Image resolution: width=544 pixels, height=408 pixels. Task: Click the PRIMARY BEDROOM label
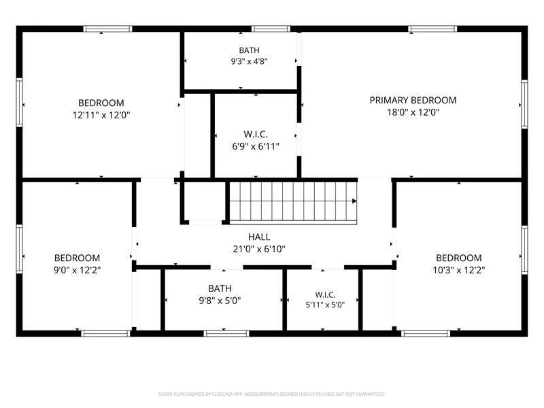click(x=413, y=100)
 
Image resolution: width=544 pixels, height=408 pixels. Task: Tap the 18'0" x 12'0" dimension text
click(x=413, y=112)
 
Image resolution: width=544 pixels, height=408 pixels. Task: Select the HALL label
click(x=259, y=237)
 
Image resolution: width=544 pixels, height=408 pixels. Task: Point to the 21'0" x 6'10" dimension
click(x=259, y=249)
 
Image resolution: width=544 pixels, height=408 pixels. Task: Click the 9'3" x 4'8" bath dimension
click(x=249, y=61)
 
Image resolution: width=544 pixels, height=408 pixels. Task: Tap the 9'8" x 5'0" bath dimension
click(x=220, y=300)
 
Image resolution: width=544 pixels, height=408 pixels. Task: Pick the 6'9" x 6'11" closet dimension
click(x=256, y=146)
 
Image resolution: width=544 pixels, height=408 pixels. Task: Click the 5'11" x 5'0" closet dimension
click(x=325, y=305)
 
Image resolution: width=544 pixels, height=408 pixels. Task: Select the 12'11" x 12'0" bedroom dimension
click(x=101, y=115)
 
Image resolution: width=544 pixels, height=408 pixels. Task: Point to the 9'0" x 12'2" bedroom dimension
click(x=77, y=270)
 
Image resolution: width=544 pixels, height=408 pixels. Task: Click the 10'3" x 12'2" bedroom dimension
click(x=458, y=270)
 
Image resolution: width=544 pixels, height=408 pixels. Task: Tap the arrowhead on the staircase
click(x=354, y=201)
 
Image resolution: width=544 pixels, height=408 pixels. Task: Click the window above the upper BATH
click(x=271, y=29)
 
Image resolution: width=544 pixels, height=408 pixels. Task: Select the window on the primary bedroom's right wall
click(x=524, y=105)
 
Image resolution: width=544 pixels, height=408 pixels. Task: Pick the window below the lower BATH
click(x=226, y=333)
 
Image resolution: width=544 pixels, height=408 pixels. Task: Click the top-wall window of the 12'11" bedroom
click(x=107, y=29)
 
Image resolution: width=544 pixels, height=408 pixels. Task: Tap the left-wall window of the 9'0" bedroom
click(x=20, y=249)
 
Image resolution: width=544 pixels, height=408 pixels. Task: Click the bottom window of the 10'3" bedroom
click(x=426, y=333)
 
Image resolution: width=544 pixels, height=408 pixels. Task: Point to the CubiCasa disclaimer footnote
click(x=271, y=394)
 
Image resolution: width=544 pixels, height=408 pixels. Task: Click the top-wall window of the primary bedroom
click(x=432, y=29)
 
